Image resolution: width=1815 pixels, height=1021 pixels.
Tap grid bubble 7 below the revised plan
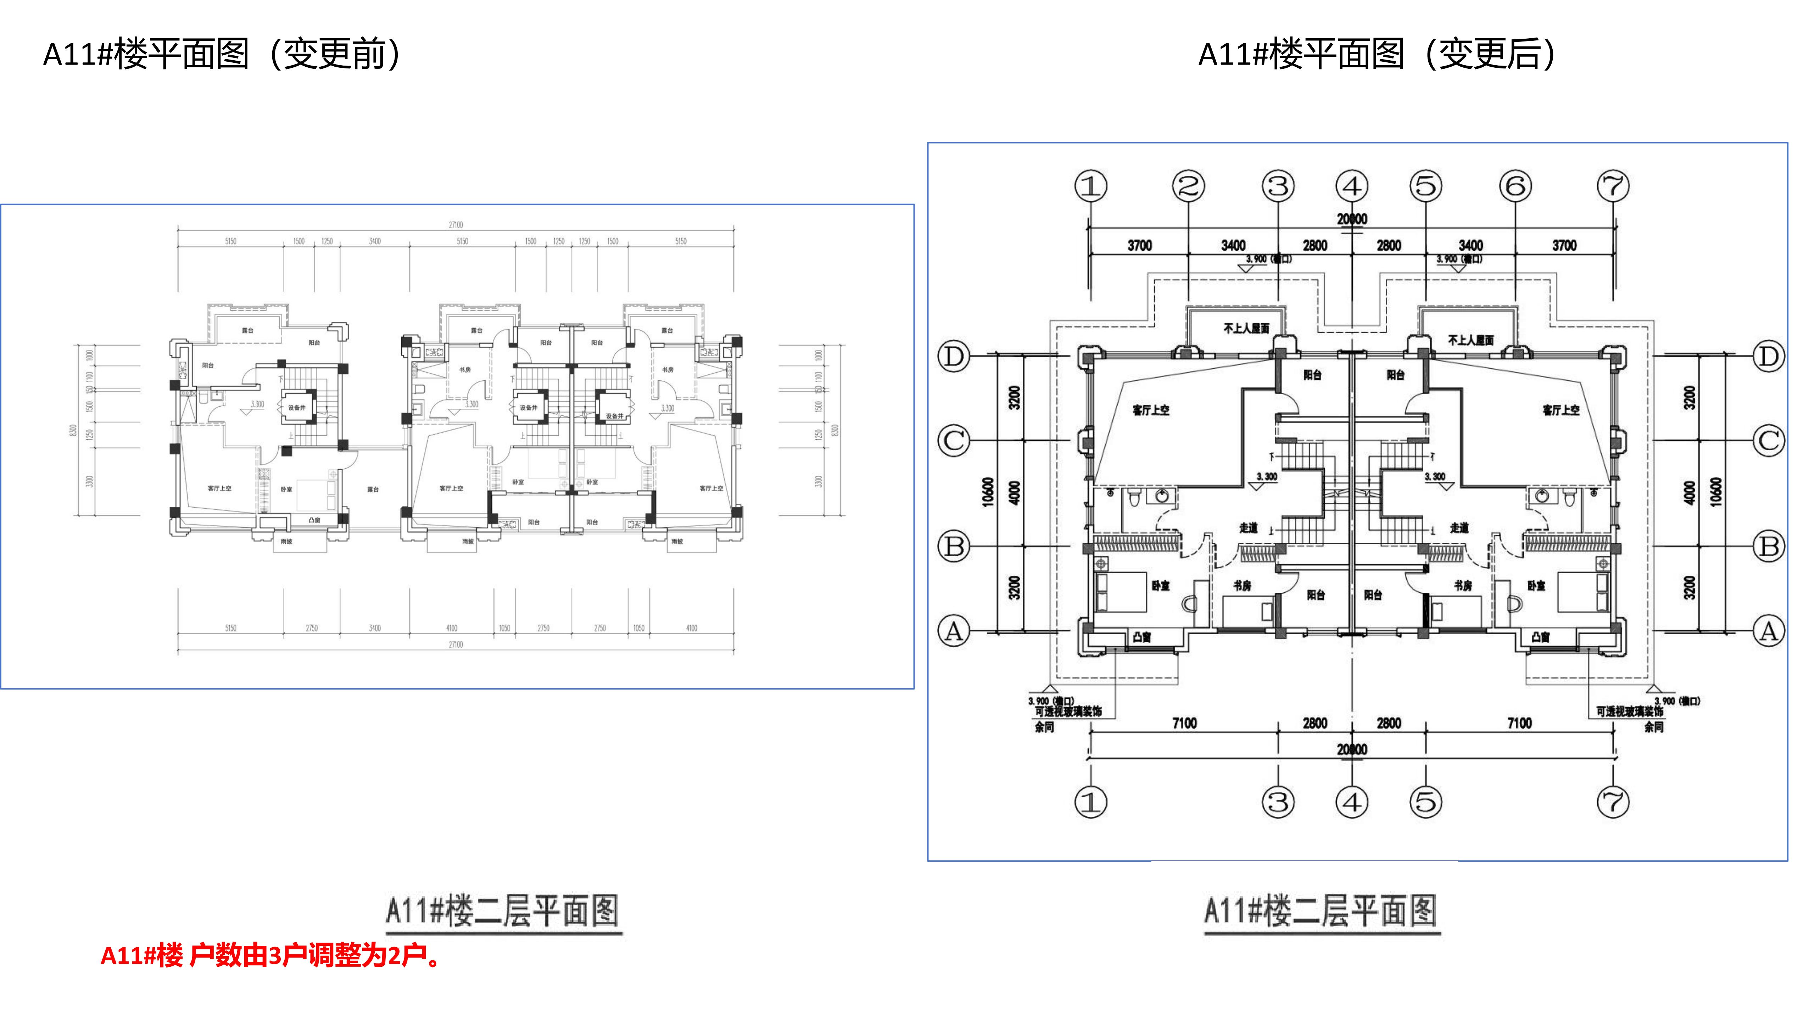pyautogui.click(x=1614, y=802)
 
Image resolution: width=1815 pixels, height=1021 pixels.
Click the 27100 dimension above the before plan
pyautogui.click(x=456, y=225)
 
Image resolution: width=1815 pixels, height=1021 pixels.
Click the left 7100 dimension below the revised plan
pyautogui.click(x=1184, y=723)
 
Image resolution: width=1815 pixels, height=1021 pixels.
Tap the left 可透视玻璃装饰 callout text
pyautogui.click(x=1068, y=712)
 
